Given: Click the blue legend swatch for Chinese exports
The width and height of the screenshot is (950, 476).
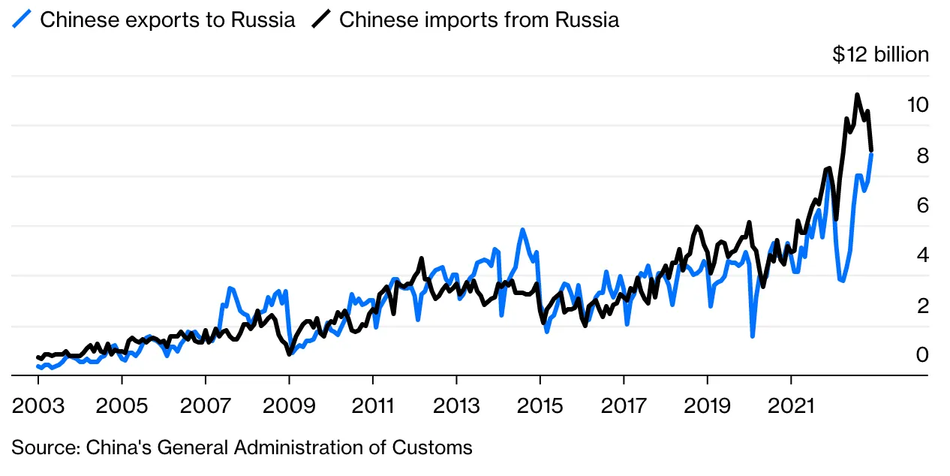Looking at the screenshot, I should pyautogui.click(x=21, y=20).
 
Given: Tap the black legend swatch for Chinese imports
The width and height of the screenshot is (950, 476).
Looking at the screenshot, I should pyautogui.click(x=321, y=20).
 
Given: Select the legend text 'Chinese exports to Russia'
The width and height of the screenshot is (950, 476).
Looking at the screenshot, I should pyautogui.click(x=167, y=20).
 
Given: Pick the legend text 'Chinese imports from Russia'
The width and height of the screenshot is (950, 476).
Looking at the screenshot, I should pyautogui.click(x=479, y=20).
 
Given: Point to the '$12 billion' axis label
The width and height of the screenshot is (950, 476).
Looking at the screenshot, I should pyautogui.click(x=880, y=55).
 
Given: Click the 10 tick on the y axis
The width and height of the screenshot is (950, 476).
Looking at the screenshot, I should pyautogui.click(x=918, y=105).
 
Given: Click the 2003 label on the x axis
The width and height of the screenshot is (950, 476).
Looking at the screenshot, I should pyautogui.click(x=38, y=405).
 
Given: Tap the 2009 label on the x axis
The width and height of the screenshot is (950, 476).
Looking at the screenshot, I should pyautogui.click(x=289, y=405).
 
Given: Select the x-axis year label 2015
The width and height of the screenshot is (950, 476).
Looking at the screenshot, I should pyautogui.click(x=540, y=405).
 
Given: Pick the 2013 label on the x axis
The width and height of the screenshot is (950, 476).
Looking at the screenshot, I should pyautogui.click(x=456, y=405).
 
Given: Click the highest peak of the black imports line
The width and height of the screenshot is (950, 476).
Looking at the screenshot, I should pyautogui.click(x=857, y=95).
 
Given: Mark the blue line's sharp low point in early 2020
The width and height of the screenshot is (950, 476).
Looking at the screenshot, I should pyautogui.click(x=752, y=336).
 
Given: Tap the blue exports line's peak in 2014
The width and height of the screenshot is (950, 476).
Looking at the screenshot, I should pyautogui.click(x=522, y=230).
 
